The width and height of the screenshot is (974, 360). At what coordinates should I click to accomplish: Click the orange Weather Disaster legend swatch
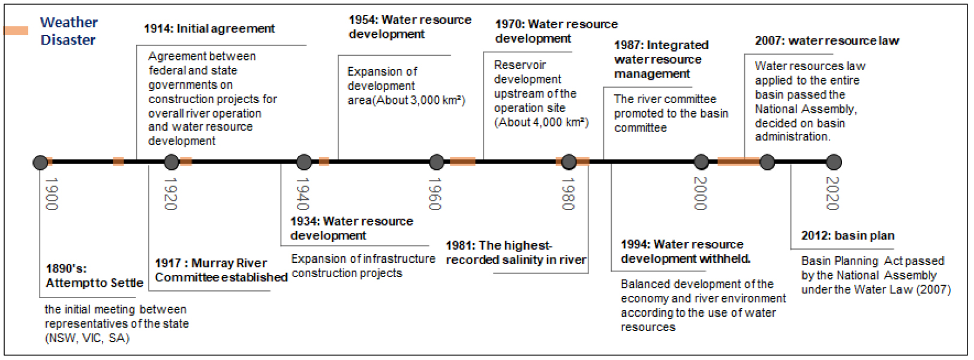[16, 31]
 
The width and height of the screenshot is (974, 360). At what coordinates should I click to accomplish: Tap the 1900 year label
[52, 193]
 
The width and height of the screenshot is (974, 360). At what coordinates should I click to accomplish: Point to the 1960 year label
[435, 193]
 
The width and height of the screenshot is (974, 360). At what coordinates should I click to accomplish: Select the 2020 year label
[832, 193]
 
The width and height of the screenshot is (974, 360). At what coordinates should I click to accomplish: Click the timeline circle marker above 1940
[304, 162]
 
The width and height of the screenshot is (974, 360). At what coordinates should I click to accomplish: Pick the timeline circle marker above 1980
[569, 162]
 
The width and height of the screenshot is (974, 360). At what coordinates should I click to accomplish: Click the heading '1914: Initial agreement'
[209, 29]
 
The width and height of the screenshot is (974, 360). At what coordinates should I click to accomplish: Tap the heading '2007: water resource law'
[827, 41]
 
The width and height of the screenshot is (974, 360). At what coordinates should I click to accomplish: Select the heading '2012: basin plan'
[848, 236]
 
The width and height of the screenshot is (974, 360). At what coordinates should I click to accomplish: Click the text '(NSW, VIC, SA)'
[88, 338]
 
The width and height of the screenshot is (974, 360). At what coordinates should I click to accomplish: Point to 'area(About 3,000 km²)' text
[407, 100]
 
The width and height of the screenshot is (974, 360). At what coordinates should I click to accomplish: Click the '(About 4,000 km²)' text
[542, 122]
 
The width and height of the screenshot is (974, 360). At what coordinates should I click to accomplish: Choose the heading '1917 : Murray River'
[211, 263]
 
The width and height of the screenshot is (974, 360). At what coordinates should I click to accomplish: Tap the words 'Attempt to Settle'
[94, 283]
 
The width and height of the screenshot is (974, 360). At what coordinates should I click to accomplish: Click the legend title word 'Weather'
[69, 22]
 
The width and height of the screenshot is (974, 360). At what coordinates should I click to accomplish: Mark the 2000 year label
[700, 193]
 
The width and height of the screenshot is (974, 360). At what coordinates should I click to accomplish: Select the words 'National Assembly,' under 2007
[806, 109]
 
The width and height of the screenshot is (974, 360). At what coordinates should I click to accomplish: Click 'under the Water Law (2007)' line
[876, 290]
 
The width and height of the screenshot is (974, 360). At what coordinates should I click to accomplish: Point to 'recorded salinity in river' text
[516, 260]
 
